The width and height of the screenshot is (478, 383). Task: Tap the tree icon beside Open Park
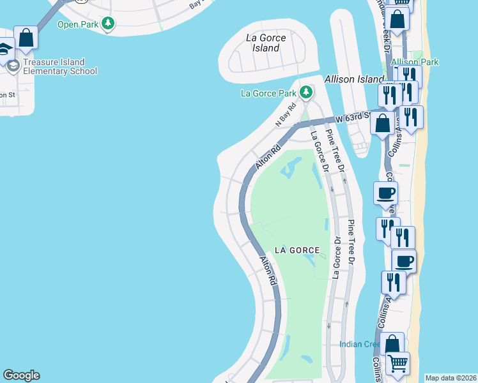pos(109,24)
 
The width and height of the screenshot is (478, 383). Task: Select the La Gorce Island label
pos(266,43)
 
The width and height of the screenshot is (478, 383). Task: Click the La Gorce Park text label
pos(268,93)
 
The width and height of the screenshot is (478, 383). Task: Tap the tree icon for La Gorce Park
pos(306,93)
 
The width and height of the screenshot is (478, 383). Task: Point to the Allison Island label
pos(353,80)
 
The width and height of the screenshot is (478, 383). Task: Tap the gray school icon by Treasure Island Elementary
pos(13,64)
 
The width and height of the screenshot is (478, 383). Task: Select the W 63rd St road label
pos(355,117)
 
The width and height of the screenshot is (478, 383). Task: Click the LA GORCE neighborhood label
pos(297,250)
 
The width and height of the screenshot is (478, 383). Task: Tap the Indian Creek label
pos(360,344)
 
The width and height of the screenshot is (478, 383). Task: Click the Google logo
pos(21,375)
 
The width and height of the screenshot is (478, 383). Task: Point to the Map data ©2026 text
pos(451,378)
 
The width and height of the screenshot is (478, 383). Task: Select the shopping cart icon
pos(398,363)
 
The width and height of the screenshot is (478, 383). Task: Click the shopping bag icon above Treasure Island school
pos(26,37)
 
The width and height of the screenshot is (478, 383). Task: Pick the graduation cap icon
pos(4,49)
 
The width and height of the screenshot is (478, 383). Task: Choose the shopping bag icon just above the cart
pos(392,343)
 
